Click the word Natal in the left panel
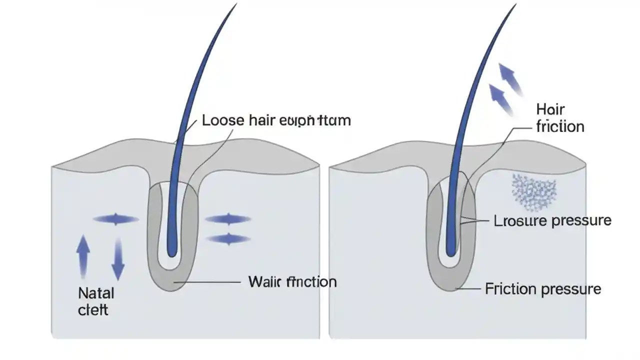point(96,292)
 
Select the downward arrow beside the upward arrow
point(117,258)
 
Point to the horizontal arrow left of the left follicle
point(116,219)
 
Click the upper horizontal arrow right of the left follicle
point(228,219)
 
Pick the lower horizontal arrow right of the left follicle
point(228,239)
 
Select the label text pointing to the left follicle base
point(292,282)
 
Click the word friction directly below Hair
point(560,126)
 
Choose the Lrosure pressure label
point(552,220)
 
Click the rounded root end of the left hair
point(171,251)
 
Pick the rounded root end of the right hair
point(451,251)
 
